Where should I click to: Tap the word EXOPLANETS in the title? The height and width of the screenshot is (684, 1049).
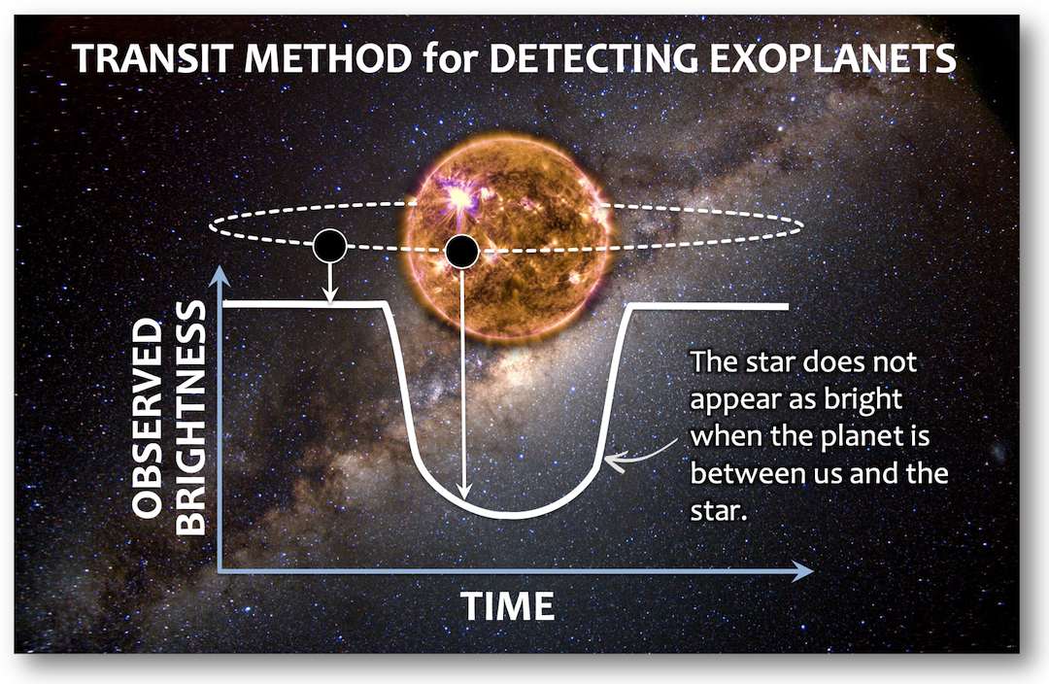click(832, 58)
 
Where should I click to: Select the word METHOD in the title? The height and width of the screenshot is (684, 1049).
click(328, 58)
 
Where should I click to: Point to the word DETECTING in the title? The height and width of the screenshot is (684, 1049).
click(593, 58)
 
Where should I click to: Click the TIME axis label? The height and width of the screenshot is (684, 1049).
click(508, 606)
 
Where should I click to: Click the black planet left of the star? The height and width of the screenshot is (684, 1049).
click(329, 246)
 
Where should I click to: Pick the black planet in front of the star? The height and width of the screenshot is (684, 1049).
click(461, 252)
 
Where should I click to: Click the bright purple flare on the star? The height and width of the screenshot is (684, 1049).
click(459, 199)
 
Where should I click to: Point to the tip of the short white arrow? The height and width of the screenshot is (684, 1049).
click(329, 303)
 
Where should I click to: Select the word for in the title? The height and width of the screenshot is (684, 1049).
click(451, 58)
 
